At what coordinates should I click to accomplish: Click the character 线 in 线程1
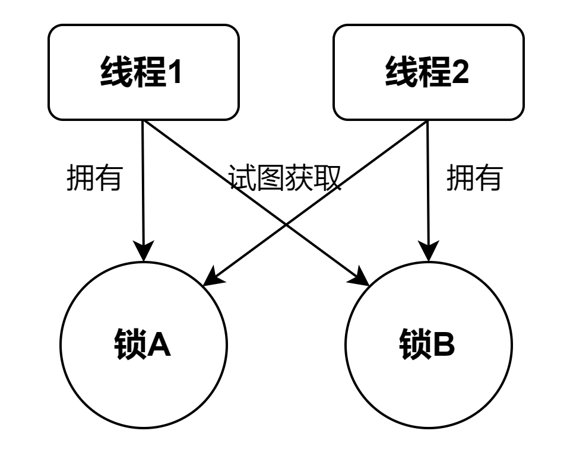pyautogui.click(x=116, y=72)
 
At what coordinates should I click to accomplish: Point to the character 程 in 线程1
pyautogui.click(x=150, y=72)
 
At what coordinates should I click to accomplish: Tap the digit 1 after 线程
pyautogui.click(x=175, y=72)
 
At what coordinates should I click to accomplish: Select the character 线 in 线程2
pyautogui.click(x=401, y=72)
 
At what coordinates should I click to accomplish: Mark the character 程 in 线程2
pyautogui.click(x=435, y=72)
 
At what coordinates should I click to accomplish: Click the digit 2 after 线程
pyautogui.click(x=460, y=72)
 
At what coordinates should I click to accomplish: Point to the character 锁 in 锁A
pyautogui.click(x=130, y=344)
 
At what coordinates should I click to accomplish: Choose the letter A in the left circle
pyautogui.click(x=159, y=344)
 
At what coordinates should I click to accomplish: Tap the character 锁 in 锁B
pyautogui.click(x=415, y=344)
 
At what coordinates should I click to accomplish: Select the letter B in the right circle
pyautogui.click(x=444, y=344)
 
